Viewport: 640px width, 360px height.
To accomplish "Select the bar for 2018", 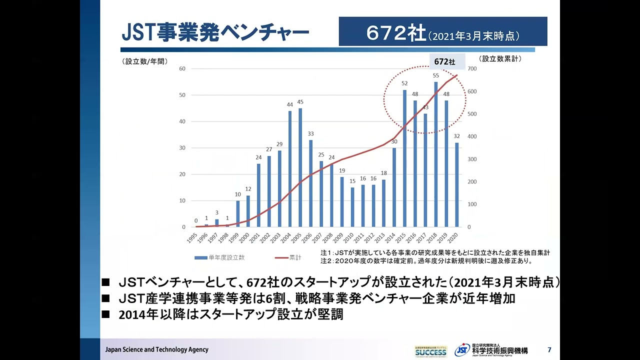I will click(x=436, y=154).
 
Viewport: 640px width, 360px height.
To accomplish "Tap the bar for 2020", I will click(x=456, y=185).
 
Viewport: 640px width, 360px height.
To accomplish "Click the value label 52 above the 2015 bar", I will click(x=404, y=83).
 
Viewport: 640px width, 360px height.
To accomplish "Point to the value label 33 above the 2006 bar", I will click(x=310, y=133).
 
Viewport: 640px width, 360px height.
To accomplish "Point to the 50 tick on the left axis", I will click(x=182, y=95).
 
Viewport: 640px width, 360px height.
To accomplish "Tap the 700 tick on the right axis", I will click(x=472, y=68).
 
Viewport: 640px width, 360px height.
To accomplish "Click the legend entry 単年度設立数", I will click(x=219, y=257).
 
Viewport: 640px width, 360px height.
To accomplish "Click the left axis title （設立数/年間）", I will click(x=144, y=61).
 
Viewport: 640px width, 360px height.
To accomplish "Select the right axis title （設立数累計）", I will click(x=500, y=58).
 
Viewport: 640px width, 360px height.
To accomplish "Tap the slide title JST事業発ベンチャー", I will click(x=215, y=33).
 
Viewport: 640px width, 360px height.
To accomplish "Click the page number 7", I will click(x=549, y=349).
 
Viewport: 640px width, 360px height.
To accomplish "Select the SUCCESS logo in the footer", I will click(x=430, y=351).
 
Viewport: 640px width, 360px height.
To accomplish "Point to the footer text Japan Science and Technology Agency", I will click(x=156, y=349).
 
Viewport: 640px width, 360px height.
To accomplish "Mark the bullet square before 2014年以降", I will click(x=105, y=315).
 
